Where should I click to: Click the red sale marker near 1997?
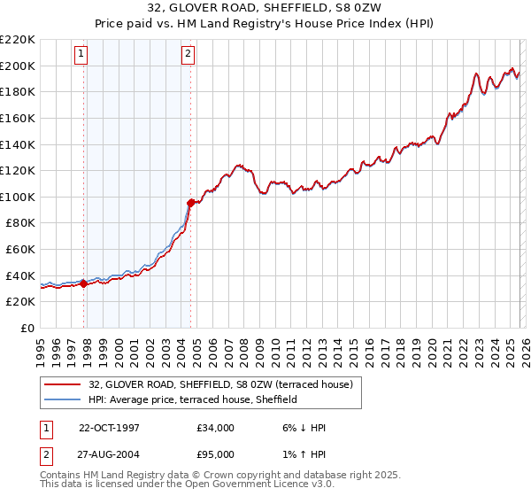pyautogui.click(x=83, y=283)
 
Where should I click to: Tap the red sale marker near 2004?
pyautogui.click(x=190, y=203)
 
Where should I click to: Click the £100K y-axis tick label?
pyautogui.click(x=17, y=197)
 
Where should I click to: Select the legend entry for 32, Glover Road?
pyautogui.click(x=220, y=384)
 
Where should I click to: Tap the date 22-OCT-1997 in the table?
pyautogui.click(x=109, y=428)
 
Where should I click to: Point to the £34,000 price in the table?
pyautogui.click(x=216, y=428)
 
